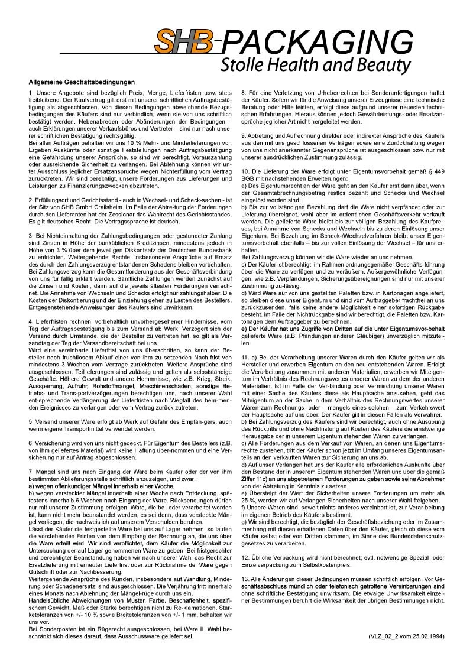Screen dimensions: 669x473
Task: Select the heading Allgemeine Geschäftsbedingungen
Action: tap(82, 82)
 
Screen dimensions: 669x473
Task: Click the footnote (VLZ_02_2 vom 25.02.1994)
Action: tap(405, 636)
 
